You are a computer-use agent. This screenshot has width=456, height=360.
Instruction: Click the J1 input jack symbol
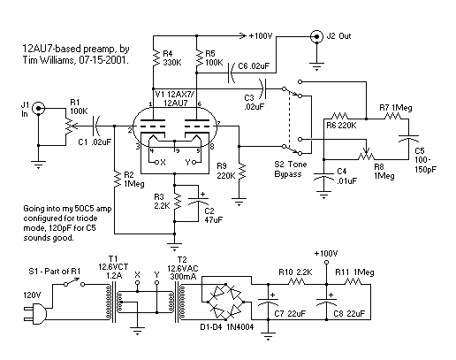(39, 109)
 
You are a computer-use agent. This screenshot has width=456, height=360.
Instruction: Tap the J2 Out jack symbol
(316, 37)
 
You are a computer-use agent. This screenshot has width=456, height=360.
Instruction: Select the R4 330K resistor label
(172, 58)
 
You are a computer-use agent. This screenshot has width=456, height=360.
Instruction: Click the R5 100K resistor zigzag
(200, 58)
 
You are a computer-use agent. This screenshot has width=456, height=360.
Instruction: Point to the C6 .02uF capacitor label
(254, 66)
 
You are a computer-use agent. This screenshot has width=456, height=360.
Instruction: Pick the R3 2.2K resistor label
(162, 201)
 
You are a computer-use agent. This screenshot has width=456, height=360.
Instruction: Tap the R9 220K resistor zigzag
(242, 171)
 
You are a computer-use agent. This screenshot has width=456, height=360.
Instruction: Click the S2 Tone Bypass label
(291, 169)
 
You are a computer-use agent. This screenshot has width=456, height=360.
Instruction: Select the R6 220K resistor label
(341, 126)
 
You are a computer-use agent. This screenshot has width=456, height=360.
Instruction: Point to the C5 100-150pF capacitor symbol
(408, 139)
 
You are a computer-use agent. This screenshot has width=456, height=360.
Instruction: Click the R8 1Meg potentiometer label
(384, 171)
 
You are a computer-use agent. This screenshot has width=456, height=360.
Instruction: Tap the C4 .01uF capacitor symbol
(323, 178)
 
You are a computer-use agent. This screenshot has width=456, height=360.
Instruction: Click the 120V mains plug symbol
(35, 313)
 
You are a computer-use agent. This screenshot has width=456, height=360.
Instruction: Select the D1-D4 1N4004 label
(227, 327)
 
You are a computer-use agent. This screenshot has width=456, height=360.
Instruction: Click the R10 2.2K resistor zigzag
(297, 281)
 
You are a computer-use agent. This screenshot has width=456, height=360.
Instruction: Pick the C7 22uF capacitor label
(290, 314)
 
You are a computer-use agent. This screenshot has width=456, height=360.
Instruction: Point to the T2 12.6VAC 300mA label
(183, 268)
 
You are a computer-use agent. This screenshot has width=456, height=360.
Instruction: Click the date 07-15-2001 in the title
(104, 60)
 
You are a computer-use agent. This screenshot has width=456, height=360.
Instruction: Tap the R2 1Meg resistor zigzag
(118, 179)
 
